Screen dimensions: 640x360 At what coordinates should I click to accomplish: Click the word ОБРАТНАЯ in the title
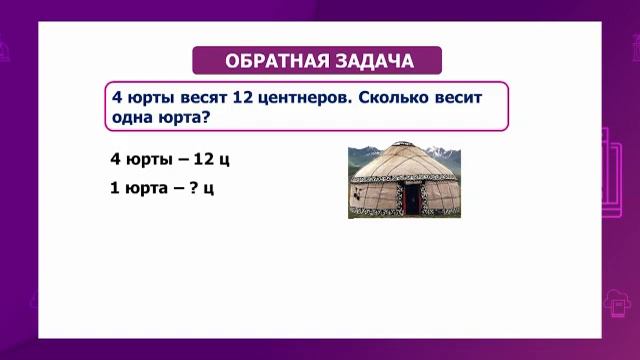[277, 61]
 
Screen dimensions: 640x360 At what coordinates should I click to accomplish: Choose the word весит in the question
[458, 98]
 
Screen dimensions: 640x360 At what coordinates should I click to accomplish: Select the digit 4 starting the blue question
[117, 98]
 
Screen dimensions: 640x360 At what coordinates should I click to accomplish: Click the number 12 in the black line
[204, 158]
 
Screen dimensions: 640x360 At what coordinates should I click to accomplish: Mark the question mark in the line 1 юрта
[194, 187]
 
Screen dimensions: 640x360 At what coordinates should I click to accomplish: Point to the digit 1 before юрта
[115, 188]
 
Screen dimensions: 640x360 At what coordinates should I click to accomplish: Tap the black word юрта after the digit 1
[146, 188]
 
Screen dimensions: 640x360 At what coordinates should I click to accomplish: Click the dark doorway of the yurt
[412, 198]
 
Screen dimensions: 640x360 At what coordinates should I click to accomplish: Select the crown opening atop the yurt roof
[404, 144]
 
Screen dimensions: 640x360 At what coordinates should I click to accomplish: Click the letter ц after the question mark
[208, 189]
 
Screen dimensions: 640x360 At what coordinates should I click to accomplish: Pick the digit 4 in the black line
[116, 158]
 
